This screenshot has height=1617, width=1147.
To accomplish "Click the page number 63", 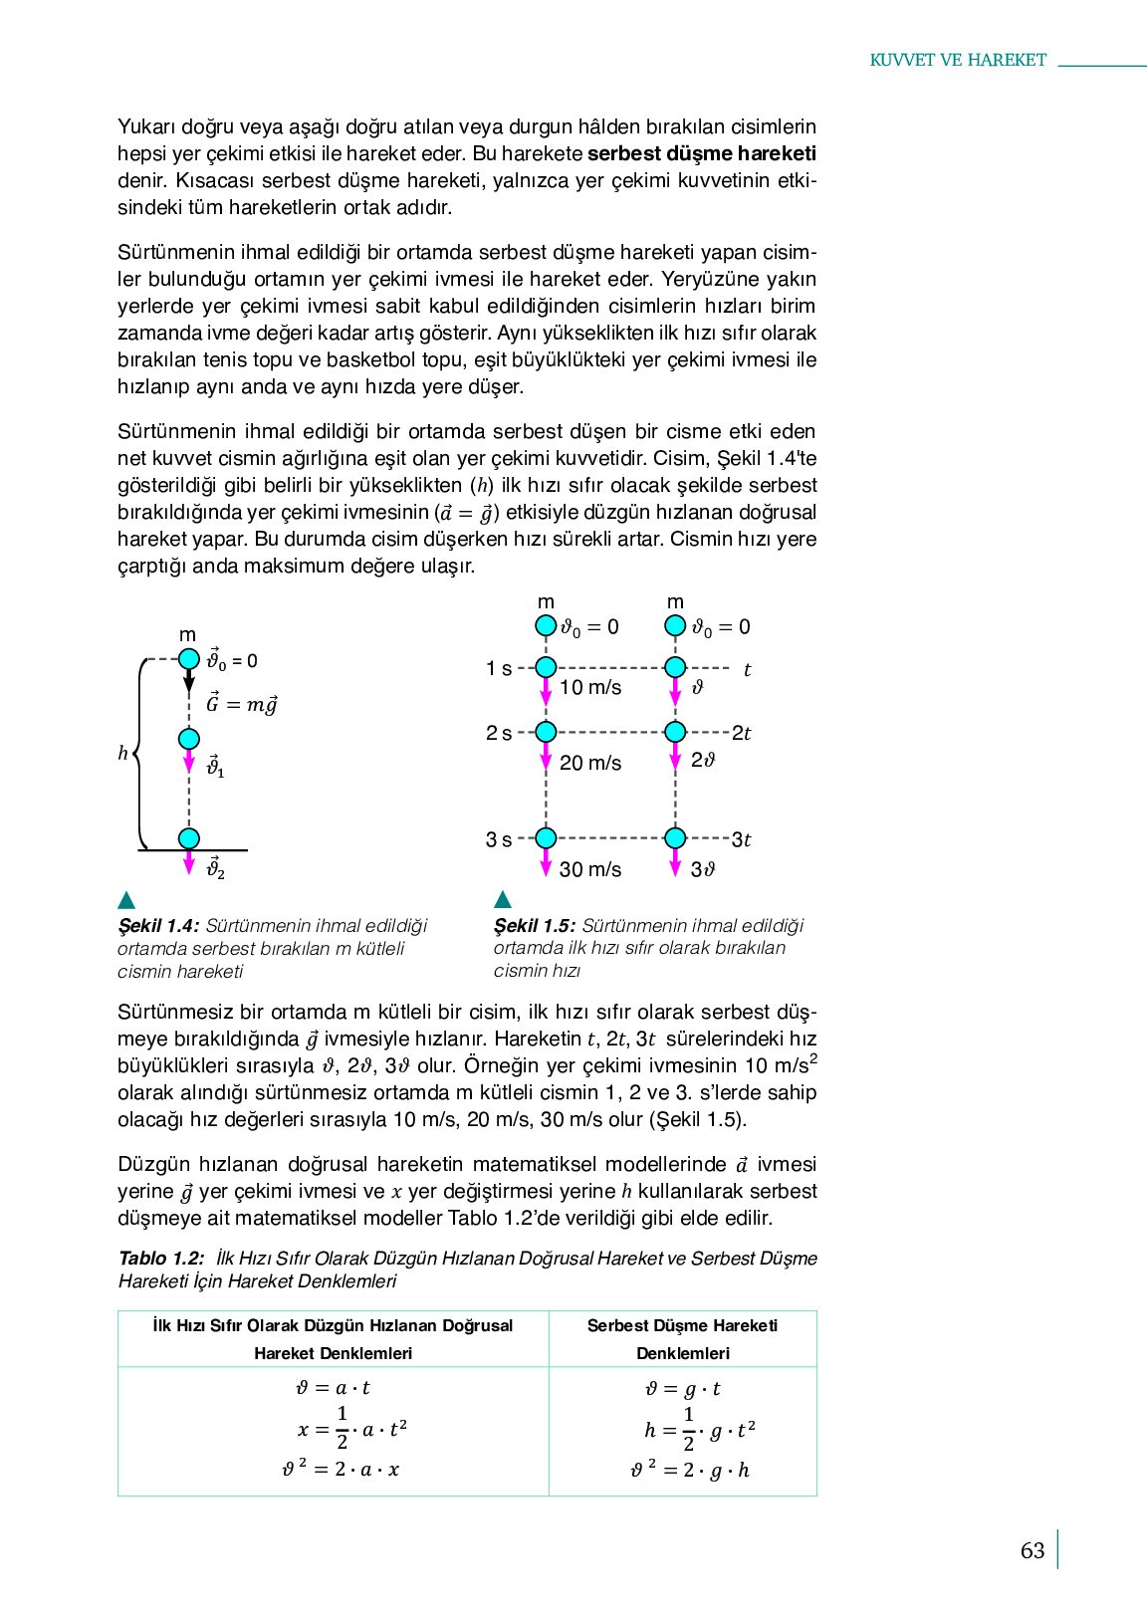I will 1032,1550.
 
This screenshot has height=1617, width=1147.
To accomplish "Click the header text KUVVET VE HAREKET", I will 958,60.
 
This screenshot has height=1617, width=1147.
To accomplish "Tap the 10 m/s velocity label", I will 590,687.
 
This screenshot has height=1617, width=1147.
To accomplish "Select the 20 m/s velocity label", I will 590,763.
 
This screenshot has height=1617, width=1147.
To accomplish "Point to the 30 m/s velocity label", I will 590,869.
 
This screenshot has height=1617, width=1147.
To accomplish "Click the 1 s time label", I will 499,668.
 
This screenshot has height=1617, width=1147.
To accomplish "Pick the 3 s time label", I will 499,839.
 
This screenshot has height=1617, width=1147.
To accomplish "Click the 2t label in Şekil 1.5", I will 742,733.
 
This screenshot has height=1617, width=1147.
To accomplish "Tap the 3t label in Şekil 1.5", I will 742,839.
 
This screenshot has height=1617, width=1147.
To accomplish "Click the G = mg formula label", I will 241,704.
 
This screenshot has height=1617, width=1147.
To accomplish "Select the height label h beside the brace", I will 122,753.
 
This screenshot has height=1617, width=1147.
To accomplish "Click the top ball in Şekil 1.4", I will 189,658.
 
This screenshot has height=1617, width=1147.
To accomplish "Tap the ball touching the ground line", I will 189,838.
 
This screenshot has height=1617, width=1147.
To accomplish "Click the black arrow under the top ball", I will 189,681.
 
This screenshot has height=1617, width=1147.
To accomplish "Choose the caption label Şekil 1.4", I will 158,926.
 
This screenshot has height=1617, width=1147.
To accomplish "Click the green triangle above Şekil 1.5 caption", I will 503,899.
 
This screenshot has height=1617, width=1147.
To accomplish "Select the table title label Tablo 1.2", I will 161,1259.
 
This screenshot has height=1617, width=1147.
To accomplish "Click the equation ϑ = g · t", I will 683,1389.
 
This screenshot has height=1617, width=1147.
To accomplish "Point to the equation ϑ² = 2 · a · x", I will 341,1469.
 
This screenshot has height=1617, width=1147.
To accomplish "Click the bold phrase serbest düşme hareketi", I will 702,153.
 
